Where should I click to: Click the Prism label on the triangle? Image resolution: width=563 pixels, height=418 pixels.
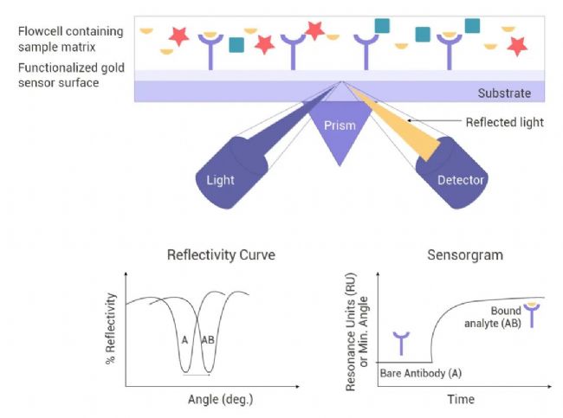pos(340,125)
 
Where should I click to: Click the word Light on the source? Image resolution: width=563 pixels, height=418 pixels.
pos(220,180)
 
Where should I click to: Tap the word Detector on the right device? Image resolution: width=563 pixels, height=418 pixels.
pos(460,180)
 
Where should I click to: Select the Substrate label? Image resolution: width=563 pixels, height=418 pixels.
pos(504,93)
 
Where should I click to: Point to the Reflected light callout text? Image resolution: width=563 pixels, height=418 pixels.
pos(504,122)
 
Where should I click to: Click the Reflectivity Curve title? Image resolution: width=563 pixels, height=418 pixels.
pos(221,254)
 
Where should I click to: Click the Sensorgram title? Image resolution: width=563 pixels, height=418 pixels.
pos(465,255)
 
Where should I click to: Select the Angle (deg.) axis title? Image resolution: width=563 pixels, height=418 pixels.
pos(221,399)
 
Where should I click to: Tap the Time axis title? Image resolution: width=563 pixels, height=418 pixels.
pos(461,399)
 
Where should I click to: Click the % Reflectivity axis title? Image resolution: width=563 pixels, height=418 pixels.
pos(111,328)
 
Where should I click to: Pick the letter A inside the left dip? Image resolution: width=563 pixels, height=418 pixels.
pos(184,340)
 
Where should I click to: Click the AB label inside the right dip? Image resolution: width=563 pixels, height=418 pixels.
pos(208,339)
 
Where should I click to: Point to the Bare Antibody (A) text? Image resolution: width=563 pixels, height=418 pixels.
pos(420,374)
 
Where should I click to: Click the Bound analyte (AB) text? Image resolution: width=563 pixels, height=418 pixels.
pos(493,317)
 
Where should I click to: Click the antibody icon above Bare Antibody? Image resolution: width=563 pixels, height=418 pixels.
pos(401,344)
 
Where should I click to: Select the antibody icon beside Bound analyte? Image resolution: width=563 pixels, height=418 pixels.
pos(532,315)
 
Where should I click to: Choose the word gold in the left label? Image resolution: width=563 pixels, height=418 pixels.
pos(113,68)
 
